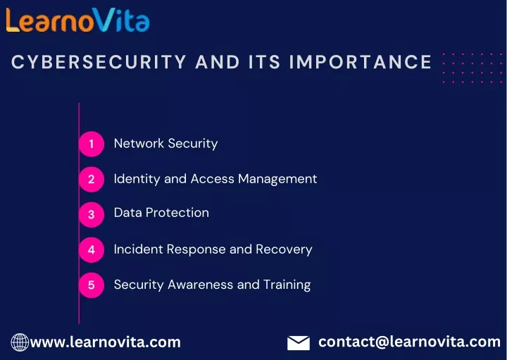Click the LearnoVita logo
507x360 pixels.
77,20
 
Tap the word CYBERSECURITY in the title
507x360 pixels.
99,61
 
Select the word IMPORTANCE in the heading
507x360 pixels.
361,61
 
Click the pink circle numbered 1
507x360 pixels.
92,144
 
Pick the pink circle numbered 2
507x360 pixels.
92,179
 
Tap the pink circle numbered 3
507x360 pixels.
92,214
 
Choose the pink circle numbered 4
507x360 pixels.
92,249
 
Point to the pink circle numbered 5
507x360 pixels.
92,285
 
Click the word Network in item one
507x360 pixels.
139,143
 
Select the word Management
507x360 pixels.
277,179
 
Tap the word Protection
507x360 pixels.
177,213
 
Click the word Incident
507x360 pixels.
139,249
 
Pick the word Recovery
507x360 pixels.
284,249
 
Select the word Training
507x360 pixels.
287,285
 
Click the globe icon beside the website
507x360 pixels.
20,342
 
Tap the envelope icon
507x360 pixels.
299,343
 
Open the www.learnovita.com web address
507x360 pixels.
105,342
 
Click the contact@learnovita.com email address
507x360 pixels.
409,342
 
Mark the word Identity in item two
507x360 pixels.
137,179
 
